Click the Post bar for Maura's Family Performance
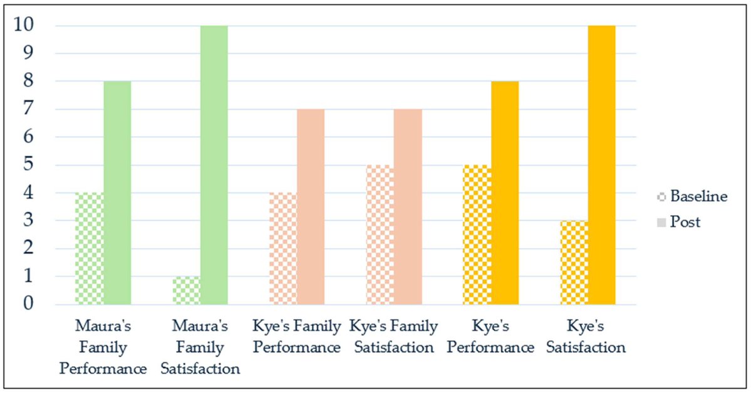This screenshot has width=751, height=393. (x=117, y=193)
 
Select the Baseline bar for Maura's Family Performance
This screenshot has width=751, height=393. (x=89, y=249)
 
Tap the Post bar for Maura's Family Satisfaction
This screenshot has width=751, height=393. (x=214, y=165)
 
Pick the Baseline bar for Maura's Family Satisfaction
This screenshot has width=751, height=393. (x=186, y=290)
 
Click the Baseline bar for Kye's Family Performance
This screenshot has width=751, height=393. (x=283, y=249)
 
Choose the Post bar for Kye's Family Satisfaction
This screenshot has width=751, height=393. (x=408, y=207)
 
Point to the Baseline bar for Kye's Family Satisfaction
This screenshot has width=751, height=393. (x=380, y=235)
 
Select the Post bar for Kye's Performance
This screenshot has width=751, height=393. (x=505, y=193)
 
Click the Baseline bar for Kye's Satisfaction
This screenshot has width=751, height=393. (x=574, y=263)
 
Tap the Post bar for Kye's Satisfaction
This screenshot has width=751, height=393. (x=602, y=165)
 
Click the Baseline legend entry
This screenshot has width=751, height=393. (x=692, y=196)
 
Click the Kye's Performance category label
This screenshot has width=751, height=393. (x=490, y=337)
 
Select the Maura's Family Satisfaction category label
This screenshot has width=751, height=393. (x=200, y=347)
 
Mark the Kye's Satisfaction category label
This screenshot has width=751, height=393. (x=586, y=337)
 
